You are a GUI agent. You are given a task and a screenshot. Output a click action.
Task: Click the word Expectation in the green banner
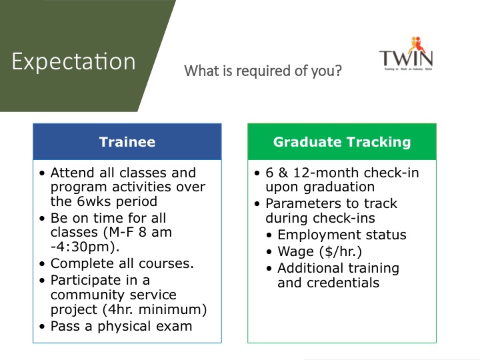[73, 61]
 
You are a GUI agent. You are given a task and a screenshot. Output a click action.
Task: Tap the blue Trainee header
[127, 142]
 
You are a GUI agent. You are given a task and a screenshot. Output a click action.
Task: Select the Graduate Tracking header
[342, 142]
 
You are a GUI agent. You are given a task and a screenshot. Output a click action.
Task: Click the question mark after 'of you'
[338, 71]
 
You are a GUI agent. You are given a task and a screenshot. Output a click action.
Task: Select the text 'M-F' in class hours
[121, 232]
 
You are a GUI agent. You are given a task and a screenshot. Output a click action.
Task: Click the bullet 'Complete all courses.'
[122, 263]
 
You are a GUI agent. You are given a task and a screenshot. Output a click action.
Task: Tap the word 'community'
[88, 295]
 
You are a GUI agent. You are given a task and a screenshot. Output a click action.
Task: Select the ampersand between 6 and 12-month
[283, 173]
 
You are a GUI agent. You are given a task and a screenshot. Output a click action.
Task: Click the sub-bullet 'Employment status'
[342, 235]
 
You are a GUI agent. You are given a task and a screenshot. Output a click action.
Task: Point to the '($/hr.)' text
[341, 251]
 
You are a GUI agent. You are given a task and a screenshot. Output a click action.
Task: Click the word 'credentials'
[343, 283]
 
